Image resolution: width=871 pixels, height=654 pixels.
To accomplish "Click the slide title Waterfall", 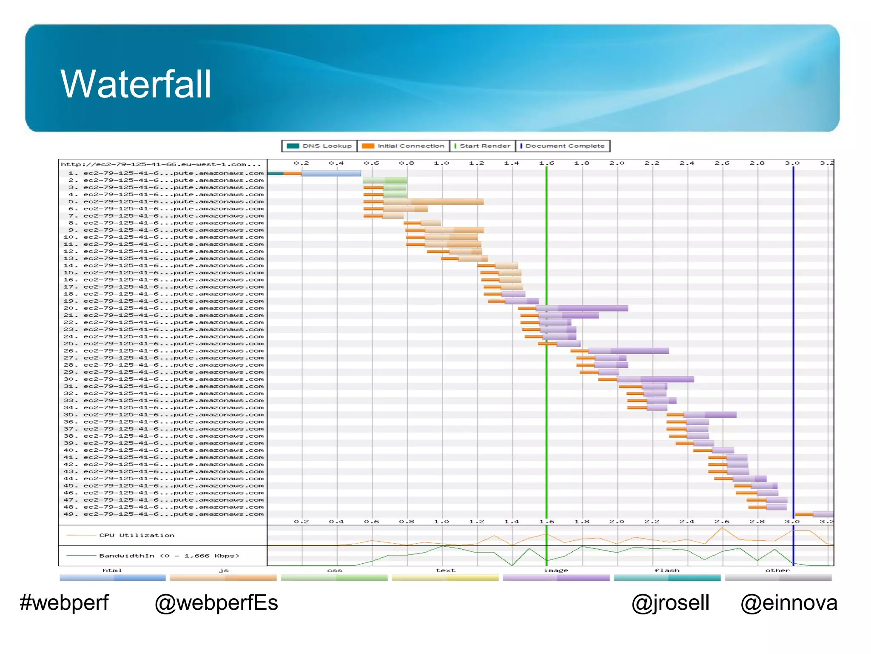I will click(136, 84).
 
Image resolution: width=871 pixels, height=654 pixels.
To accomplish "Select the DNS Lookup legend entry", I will click(319, 146).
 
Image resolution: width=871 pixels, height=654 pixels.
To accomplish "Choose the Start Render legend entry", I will click(482, 146).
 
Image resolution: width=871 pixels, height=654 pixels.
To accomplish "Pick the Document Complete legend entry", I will click(563, 146).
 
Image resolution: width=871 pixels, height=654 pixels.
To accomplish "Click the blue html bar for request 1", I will click(331, 173).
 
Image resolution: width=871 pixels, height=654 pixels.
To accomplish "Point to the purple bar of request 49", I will click(823, 514).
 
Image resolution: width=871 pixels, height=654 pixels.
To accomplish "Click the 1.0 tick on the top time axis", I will click(441, 163).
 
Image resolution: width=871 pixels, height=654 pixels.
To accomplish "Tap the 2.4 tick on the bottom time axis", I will click(687, 522).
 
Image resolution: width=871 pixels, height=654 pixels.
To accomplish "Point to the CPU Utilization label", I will click(137, 536).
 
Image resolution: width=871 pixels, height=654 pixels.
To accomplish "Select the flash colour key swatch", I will click(667, 578).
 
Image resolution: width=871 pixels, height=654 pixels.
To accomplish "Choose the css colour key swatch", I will click(334, 578).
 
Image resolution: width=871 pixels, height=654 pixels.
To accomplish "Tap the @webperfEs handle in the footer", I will click(216, 603).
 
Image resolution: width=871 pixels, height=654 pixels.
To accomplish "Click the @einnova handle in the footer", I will click(788, 603).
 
